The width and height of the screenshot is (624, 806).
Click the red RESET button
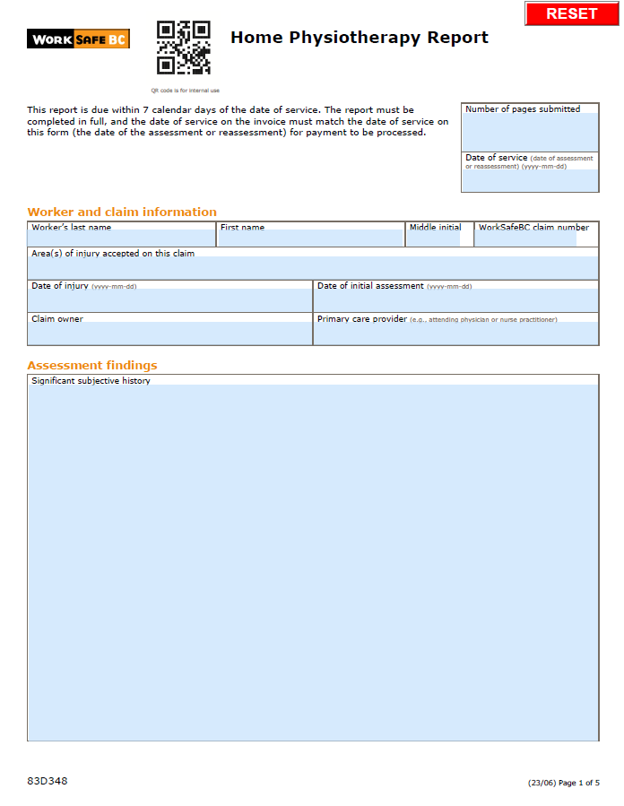pos(571,13)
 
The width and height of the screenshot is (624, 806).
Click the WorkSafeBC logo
pos(78,39)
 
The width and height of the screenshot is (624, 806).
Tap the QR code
pos(184,48)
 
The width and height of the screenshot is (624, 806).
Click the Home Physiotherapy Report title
pos(359,38)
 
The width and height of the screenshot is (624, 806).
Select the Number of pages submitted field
pos(529,132)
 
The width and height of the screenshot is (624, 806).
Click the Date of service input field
pos(529,181)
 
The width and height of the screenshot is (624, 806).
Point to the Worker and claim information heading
pos(122,212)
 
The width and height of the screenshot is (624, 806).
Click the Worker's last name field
pos(122,239)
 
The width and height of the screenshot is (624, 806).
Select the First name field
pos(310,239)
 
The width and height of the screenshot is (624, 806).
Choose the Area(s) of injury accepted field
pos(313,268)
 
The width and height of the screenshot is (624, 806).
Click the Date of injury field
pos(169,301)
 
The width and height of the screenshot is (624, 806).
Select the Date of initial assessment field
pos(455,301)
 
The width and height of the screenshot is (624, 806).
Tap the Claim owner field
pos(169,334)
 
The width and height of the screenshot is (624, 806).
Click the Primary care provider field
pos(455,334)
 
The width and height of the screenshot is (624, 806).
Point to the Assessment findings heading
pos(92,366)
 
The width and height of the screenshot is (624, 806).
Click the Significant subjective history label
pos(91,381)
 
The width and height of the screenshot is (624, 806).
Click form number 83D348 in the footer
pos(48,781)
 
